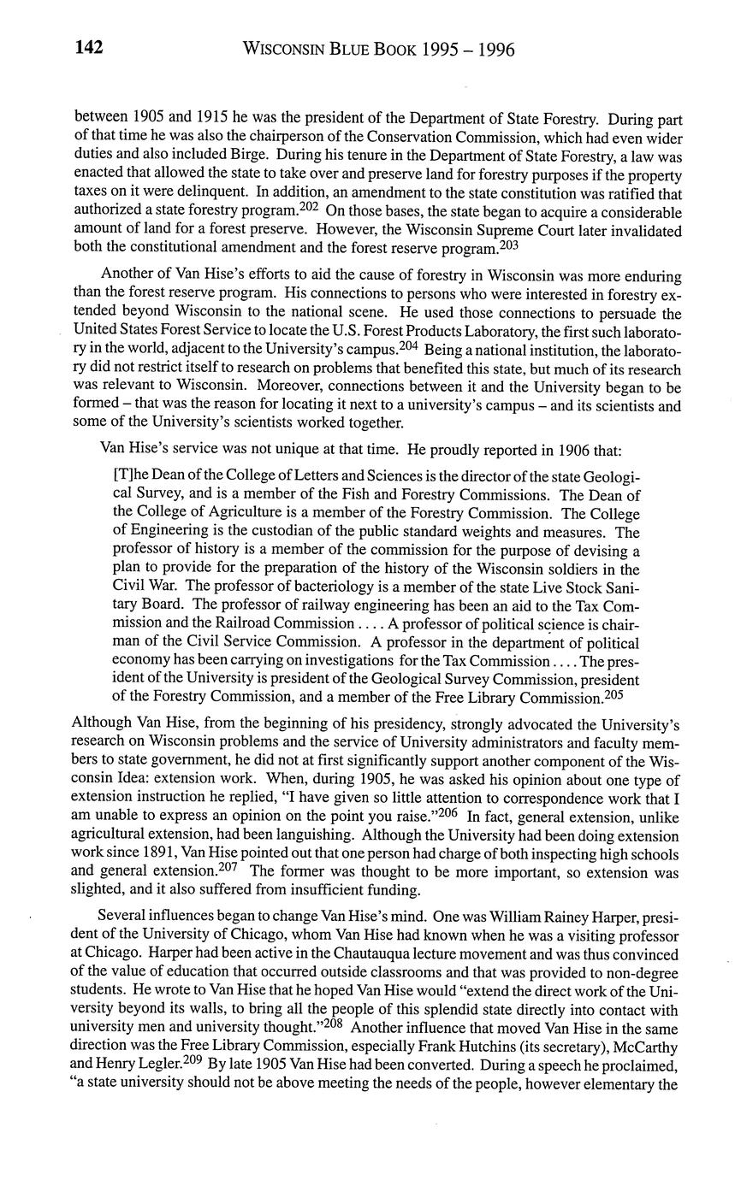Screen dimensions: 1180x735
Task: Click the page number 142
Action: pos(89,48)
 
